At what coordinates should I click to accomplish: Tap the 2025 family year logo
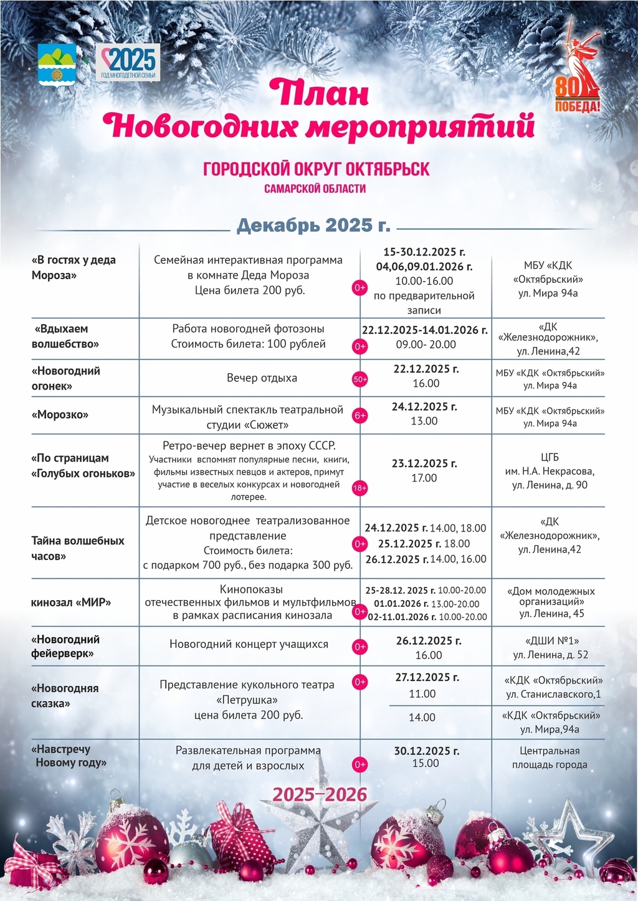click(129, 62)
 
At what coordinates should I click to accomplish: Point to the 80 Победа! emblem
click(579, 69)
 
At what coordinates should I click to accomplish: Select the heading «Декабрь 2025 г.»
click(313, 225)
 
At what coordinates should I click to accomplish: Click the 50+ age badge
click(360, 379)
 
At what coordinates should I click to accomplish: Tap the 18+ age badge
click(360, 488)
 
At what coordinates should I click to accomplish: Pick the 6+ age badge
click(360, 416)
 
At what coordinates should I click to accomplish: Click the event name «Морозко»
click(60, 415)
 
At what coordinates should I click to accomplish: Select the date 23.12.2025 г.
click(424, 464)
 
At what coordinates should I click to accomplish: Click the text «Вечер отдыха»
click(262, 378)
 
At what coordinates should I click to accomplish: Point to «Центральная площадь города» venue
click(550, 758)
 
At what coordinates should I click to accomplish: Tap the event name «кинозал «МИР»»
click(71, 603)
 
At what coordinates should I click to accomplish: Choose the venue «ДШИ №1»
click(549, 641)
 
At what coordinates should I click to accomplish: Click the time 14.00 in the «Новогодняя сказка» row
click(422, 718)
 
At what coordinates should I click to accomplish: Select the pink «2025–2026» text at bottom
click(320, 794)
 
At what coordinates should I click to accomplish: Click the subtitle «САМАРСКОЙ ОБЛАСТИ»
click(315, 188)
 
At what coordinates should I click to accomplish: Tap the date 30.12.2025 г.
click(427, 751)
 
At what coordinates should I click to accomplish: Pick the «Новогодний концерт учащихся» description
click(249, 644)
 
